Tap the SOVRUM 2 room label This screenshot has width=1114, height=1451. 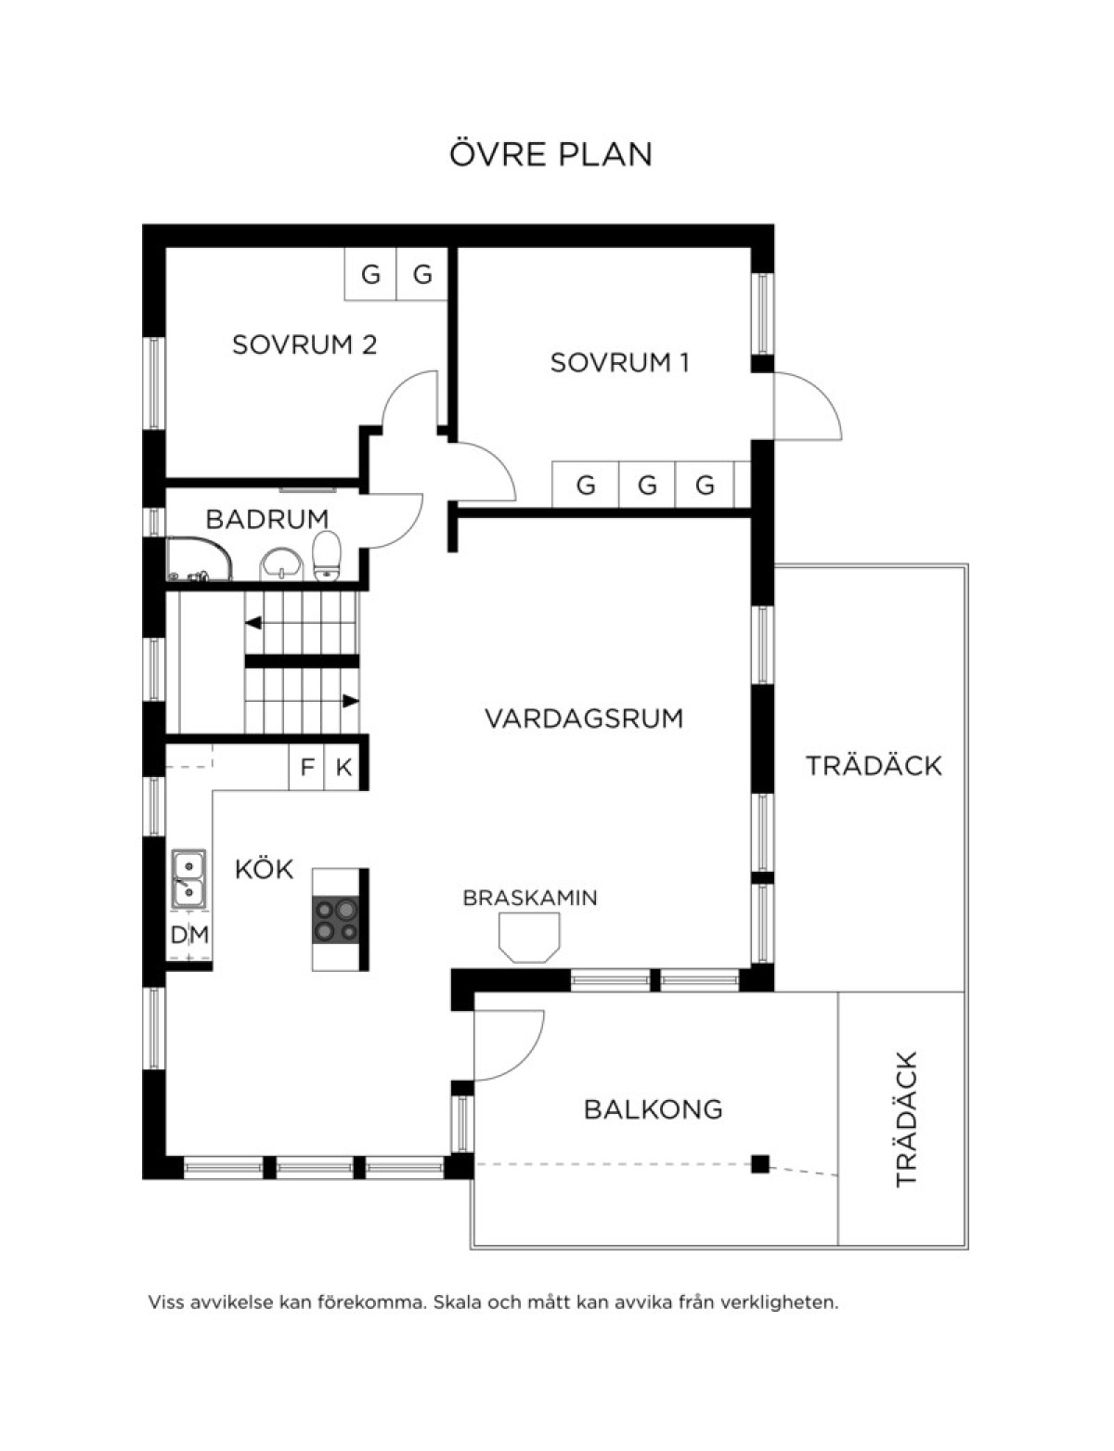point(304,344)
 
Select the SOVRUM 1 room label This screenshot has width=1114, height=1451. point(619,363)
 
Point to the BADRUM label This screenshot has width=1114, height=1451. point(267,519)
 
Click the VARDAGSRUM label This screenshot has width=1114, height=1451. point(584,719)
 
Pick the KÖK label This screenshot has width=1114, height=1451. point(265,869)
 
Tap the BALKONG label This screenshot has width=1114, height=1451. point(653,1109)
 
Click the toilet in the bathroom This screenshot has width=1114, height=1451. point(327,555)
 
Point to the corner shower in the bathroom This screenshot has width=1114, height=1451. point(200,558)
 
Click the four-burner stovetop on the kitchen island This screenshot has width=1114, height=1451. point(335,919)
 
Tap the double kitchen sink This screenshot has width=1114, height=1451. point(188,879)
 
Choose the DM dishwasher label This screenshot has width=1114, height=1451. point(189,935)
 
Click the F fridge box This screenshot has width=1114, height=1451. point(306,768)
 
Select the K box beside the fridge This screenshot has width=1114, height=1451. point(343,768)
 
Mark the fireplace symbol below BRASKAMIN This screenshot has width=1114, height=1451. point(529,938)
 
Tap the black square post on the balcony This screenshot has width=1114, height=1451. point(759,1164)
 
